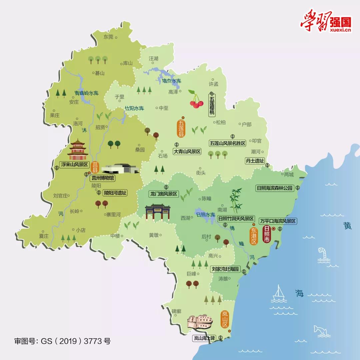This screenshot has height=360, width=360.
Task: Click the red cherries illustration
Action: pos(196,100)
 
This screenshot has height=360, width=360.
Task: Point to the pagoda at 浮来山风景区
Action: pos(78,150)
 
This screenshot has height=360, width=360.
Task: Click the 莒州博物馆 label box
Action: pos(103,178)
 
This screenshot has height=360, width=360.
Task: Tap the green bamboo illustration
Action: pos(236,200)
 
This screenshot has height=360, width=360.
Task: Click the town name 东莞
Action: pos(109,37)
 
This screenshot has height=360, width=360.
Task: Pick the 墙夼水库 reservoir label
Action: pos(171,81)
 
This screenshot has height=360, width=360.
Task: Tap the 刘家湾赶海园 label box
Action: pos(225,269)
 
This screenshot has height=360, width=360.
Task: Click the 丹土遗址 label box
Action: pos(255,161)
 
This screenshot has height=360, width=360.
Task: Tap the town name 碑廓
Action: pos(176,311)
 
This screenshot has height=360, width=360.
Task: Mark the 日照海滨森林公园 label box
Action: pos(274,188)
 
